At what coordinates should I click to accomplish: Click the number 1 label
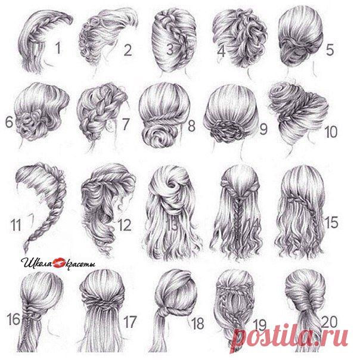point(58,48)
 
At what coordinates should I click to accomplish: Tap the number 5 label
point(330,49)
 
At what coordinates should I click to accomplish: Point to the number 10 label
point(331,132)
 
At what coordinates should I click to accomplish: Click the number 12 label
point(124,225)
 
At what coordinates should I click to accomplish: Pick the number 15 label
point(331,222)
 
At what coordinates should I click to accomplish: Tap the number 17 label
point(130,321)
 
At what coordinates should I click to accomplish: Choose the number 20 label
point(329,321)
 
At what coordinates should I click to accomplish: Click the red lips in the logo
point(60,263)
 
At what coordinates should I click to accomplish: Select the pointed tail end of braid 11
point(24,251)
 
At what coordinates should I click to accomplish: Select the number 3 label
point(170,49)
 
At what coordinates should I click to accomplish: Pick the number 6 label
point(9,122)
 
